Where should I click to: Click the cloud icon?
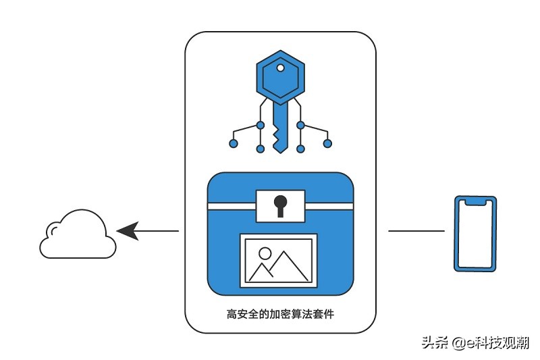click(x=78, y=234)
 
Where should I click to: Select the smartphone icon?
click(x=475, y=234)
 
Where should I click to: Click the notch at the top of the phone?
click(x=475, y=202)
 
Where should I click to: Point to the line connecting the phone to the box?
click(x=416, y=231)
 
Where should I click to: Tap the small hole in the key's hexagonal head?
click(x=280, y=68)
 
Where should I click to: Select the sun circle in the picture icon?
click(x=265, y=253)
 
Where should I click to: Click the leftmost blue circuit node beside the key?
click(x=233, y=143)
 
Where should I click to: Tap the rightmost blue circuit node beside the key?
click(x=327, y=143)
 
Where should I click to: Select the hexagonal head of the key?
click(x=280, y=78)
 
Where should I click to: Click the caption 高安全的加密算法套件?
click(x=280, y=314)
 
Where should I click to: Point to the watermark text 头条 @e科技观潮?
click(x=475, y=342)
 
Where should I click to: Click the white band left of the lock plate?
click(x=232, y=207)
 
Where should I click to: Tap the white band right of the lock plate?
click(x=329, y=207)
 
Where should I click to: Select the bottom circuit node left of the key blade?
click(x=261, y=149)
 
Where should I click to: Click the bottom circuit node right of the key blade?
click(x=300, y=149)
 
